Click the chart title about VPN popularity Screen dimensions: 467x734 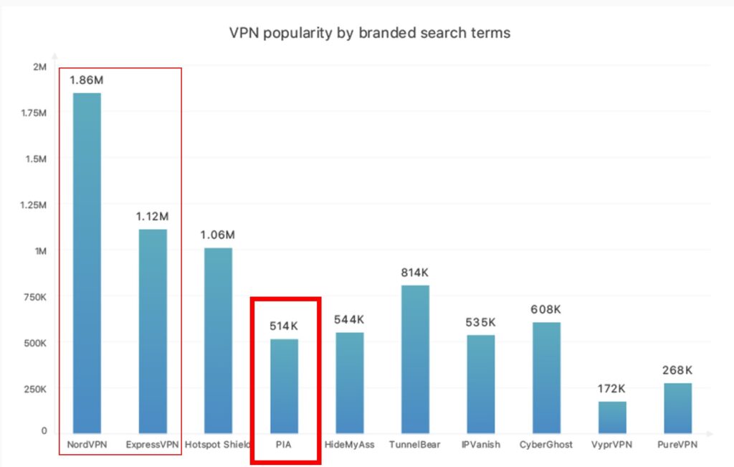click(369, 33)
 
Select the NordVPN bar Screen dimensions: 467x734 click(87, 262)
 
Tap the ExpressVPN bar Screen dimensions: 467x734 click(152, 330)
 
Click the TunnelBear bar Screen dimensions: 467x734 click(415, 358)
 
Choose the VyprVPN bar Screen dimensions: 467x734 click(612, 416)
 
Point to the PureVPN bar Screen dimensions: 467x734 click(677, 407)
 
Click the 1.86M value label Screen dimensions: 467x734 click(86, 80)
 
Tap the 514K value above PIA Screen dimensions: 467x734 click(284, 326)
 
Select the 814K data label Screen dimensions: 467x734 click(415, 273)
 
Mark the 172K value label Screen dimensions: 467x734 click(611, 389)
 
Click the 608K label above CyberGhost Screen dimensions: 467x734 click(546, 309)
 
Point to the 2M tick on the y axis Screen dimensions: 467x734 click(39, 67)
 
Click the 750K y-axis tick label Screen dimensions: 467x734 click(34, 297)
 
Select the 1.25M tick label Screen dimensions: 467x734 click(33, 205)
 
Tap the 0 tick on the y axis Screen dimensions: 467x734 click(44, 431)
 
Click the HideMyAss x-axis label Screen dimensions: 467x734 click(350, 445)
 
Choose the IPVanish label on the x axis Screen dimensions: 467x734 click(481, 445)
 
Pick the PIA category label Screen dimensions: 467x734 click(284, 445)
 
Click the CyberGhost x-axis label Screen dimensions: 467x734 click(546, 445)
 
